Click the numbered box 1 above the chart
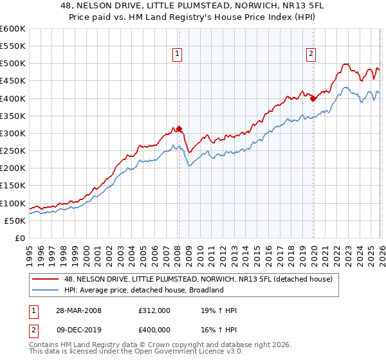177,55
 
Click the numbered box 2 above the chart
311,55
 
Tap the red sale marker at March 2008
179,129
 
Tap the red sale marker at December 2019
313,98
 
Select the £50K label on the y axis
15,221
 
